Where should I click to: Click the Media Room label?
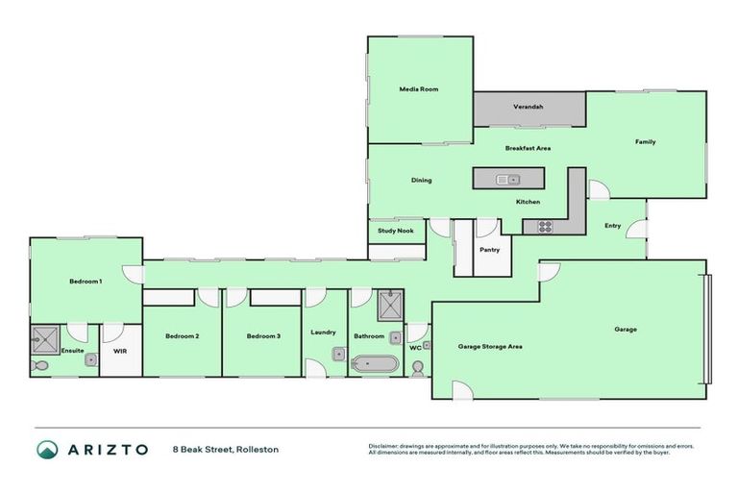419,89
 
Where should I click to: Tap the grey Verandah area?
529,108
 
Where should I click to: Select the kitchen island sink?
507,179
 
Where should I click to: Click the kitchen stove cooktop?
544,227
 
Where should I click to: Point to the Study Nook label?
394,231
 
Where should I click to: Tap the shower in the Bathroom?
391,307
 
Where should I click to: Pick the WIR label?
120,352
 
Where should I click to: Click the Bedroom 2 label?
182,336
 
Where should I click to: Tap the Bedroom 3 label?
262,336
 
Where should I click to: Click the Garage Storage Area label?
490,346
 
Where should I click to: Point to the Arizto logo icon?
48,449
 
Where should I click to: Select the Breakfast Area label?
529,149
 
